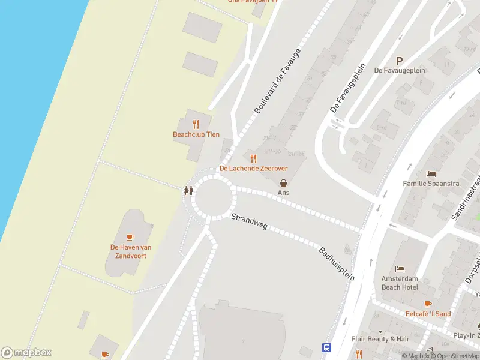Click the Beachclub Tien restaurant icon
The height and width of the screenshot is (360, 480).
[196, 124]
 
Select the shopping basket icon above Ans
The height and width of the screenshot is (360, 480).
[283, 182]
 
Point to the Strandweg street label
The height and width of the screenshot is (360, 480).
[249, 221]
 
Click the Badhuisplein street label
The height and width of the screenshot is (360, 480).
[337, 263]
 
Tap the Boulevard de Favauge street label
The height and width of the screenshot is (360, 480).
[277, 82]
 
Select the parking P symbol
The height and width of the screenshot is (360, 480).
[400, 60]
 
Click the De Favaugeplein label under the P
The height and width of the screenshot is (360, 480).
[400, 70]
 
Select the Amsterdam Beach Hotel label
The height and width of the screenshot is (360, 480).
[400, 283]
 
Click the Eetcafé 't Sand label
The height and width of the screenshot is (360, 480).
[428, 314]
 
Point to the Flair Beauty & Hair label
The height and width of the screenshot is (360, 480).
[380, 339]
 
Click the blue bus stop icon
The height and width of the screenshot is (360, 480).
[327, 347]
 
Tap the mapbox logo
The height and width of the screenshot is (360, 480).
[26, 352]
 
